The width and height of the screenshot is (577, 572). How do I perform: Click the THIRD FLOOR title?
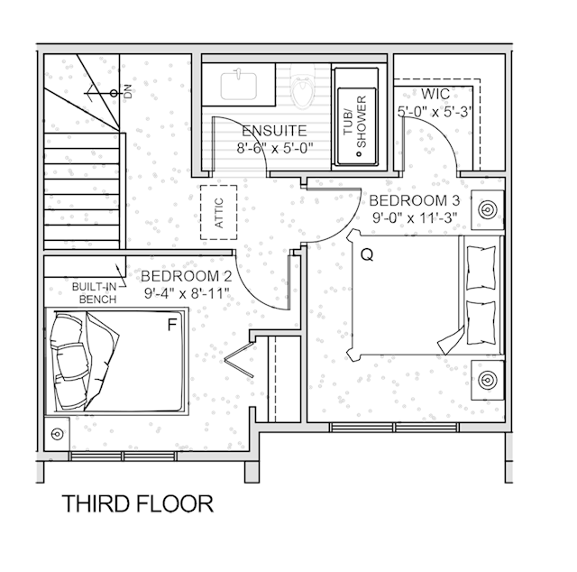pyautogui.click(x=138, y=503)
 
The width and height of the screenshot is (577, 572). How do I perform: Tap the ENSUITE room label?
pyautogui.click(x=274, y=131)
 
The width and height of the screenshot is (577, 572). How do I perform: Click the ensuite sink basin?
pyautogui.click(x=238, y=87)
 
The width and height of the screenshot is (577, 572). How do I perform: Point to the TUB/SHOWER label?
pyautogui.click(x=355, y=122)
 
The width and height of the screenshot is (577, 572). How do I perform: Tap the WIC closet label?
pyautogui.click(x=435, y=94)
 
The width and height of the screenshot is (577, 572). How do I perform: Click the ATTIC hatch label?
pyautogui.click(x=219, y=213)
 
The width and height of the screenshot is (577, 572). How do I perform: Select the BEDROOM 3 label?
pyautogui.click(x=415, y=200)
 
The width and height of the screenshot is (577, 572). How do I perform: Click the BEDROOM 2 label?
pyautogui.click(x=187, y=276)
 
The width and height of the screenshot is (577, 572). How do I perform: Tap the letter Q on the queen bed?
pyautogui.click(x=367, y=254)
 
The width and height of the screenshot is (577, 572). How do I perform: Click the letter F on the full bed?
pyautogui.click(x=172, y=325)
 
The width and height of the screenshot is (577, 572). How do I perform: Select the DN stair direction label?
pyautogui.click(x=127, y=92)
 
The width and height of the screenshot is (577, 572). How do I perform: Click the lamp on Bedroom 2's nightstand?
pyautogui.click(x=57, y=434)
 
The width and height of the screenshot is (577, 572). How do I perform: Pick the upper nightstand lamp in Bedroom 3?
pyautogui.click(x=488, y=209)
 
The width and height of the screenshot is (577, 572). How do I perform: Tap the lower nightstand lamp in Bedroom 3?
pyautogui.click(x=488, y=380)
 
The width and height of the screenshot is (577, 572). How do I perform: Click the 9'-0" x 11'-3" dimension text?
pyautogui.click(x=415, y=217)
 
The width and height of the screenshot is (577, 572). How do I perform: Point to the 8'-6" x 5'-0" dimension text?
pyautogui.click(x=274, y=148)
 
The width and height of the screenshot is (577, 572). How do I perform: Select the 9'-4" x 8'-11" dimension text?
pyautogui.click(x=187, y=293)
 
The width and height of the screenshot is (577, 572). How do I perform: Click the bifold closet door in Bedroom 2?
pyautogui.click(x=239, y=359)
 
